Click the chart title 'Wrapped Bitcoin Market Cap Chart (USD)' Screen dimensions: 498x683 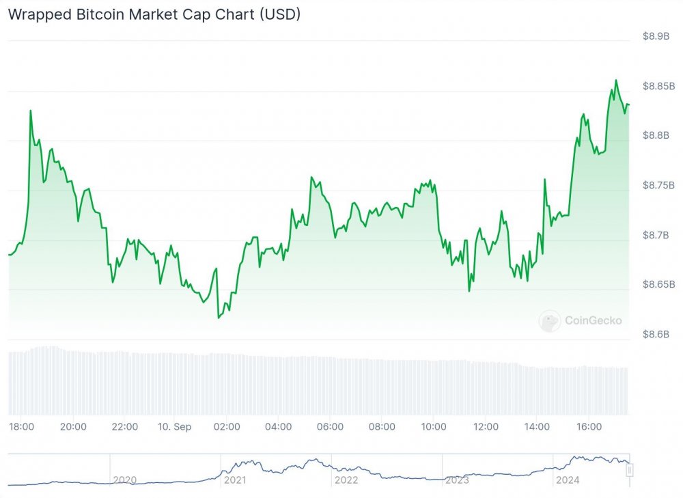154,14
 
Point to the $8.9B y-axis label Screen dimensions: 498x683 656,36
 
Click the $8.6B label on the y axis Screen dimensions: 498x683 656,334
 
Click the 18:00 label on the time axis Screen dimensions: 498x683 22,427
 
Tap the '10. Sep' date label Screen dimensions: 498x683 175,427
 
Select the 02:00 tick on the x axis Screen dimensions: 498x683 227,427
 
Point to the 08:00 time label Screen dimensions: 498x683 382,427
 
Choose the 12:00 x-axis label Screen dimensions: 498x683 486,427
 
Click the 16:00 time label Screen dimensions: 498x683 589,427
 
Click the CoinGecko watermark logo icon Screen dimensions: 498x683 550,320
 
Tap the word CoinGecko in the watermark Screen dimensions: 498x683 593,320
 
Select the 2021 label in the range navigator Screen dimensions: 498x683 235,480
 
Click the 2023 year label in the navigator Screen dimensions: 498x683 457,480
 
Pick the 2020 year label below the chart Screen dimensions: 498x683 124,480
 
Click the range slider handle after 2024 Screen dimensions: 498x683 630,469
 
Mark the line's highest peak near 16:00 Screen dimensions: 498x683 616,80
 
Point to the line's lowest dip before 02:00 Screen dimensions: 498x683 219,318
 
